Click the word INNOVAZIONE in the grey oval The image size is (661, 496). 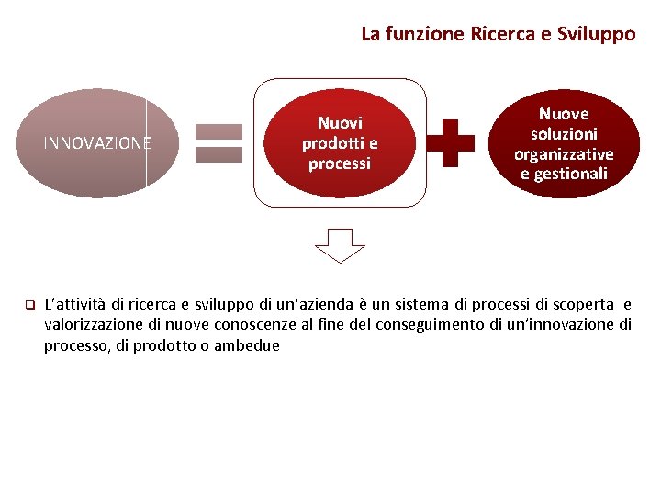click(x=97, y=143)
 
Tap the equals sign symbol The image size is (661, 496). click(x=218, y=143)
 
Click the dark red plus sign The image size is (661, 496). click(x=452, y=142)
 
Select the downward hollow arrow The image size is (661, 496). click(x=340, y=245)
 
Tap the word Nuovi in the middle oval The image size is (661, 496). click(x=340, y=122)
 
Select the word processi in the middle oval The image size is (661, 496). click(x=340, y=163)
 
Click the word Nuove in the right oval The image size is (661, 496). click(x=564, y=114)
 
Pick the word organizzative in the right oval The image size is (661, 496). click(x=564, y=154)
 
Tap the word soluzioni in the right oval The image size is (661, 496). click(x=564, y=134)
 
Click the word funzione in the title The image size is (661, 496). click(x=423, y=34)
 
